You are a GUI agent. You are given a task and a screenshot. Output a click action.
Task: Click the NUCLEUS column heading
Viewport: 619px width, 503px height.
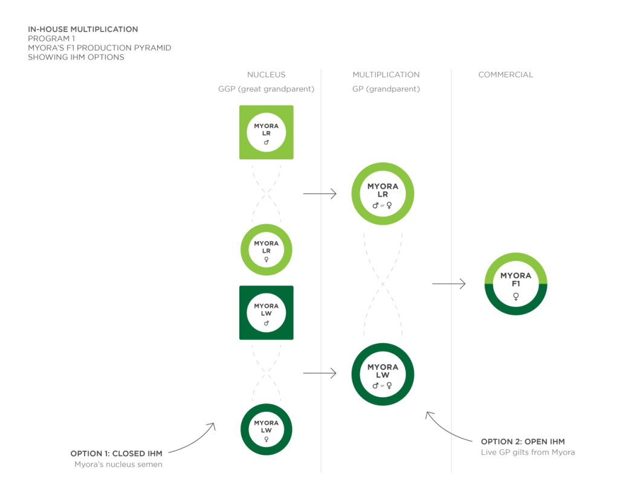266,75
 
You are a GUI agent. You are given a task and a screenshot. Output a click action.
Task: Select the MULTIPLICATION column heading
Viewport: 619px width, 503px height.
386,75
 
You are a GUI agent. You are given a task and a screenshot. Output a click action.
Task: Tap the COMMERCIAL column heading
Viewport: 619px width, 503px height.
506,75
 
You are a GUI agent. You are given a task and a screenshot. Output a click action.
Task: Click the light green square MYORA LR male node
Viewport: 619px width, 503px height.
266,132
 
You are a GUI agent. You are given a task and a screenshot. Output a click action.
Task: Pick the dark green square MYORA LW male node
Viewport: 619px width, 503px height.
266,313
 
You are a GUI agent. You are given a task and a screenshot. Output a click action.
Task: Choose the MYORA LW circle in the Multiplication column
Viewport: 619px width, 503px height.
383,374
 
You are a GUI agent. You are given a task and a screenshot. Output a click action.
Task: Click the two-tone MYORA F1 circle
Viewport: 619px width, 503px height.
516,284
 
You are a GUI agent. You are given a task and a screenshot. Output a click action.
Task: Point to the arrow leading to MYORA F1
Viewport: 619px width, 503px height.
449,284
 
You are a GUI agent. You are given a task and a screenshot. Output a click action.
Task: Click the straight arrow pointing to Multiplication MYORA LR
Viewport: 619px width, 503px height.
319,194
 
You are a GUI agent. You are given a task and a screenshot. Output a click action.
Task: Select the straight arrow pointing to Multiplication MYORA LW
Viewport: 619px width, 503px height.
319,374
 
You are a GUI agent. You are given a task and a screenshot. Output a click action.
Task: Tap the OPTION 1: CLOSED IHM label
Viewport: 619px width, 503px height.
116,453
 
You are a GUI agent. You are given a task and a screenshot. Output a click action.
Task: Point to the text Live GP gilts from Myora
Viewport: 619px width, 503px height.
528,452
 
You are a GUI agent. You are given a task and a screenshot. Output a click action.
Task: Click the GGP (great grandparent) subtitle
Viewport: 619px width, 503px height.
266,89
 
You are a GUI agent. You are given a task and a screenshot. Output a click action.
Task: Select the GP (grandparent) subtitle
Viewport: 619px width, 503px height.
386,89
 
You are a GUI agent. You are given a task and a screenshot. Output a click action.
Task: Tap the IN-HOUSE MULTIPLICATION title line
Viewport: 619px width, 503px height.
83,29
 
